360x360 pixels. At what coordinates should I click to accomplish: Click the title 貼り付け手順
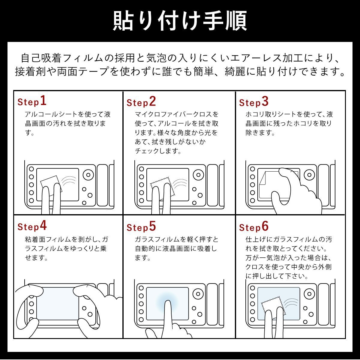[180, 21]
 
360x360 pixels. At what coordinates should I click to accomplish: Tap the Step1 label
[32, 101]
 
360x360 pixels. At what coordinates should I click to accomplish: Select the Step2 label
[141, 102]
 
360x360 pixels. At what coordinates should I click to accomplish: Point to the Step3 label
[254, 102]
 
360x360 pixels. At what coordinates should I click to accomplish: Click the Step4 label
[32, 226]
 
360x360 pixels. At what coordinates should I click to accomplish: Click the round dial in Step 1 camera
[88, 175]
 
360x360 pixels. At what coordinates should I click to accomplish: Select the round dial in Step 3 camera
[309, 175]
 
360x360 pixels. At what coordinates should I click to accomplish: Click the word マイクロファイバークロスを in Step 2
[176, 114]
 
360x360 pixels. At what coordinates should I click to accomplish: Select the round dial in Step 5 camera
[198, 294]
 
